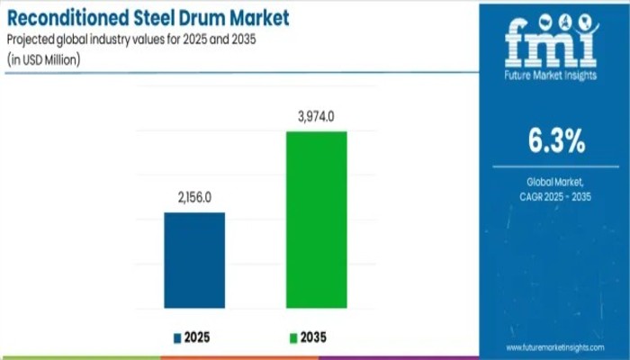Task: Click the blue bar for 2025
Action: pos(194,260)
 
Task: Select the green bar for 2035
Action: pos(316,220)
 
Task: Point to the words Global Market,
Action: pos(555,181)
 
